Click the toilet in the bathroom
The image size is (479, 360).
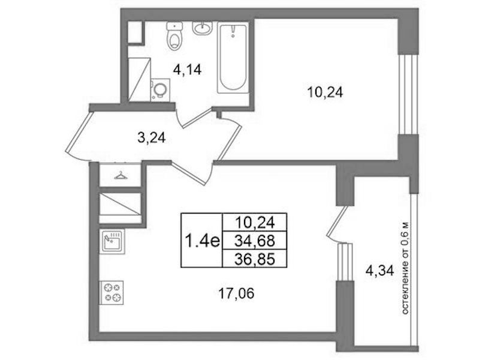174,35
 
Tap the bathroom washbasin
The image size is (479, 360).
202,28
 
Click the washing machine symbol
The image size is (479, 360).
160,89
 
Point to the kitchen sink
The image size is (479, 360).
112,241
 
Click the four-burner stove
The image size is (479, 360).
112,292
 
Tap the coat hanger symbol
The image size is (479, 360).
120,176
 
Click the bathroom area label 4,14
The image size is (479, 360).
187,70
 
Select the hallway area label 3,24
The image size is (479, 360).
152,138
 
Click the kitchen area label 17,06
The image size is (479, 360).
236,294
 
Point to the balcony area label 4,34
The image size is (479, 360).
379,271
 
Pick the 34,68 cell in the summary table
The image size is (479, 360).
255,241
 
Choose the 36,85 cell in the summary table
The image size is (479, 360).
255,259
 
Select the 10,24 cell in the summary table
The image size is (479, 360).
255,223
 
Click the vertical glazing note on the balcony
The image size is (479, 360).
405,268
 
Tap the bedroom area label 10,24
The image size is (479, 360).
325,92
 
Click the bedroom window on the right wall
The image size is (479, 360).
408,95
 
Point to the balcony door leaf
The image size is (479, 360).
338,221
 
